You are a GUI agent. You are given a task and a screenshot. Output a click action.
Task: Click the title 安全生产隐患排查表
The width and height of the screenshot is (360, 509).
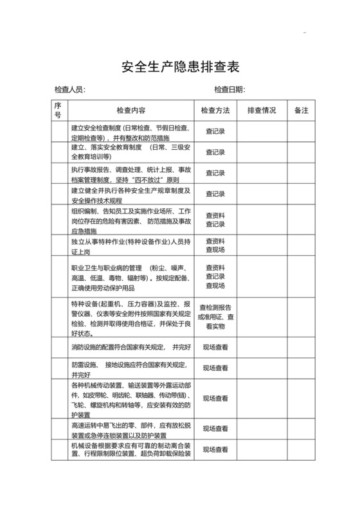(x=179, y=67)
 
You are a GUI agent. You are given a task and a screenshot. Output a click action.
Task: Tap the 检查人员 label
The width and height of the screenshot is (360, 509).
(x=70, y=89)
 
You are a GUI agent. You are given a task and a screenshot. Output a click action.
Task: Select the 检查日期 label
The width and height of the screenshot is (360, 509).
(x=230, y=89)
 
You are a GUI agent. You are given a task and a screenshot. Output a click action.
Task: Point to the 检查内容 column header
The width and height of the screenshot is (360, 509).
(x=130, y=111)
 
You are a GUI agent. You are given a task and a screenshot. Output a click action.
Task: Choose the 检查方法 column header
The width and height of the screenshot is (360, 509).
(x=215, y=111)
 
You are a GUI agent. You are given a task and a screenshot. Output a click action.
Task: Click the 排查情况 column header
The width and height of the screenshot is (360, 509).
(x=261, y=111)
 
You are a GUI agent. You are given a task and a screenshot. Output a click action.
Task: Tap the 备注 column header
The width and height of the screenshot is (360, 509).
(x=301, y=111)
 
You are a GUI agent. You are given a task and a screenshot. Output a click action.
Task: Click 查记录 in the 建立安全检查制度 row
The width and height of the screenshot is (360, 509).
(x=215, y=132)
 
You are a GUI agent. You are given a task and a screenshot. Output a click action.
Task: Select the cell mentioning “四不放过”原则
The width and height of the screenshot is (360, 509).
(x=130, y=174)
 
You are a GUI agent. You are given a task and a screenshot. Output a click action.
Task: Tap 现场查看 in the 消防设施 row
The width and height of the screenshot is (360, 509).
(x=215, y=348)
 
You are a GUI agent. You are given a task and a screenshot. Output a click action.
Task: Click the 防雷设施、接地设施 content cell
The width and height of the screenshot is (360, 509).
(x=130, y=369)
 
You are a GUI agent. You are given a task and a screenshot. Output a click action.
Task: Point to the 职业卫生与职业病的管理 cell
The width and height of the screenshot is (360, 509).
(x=130, y=277)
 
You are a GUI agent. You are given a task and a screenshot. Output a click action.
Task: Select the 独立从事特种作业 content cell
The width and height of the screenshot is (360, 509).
(x=130, y=245)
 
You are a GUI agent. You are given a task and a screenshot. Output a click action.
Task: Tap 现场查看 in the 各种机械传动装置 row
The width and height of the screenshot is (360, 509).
(x=215, y=398)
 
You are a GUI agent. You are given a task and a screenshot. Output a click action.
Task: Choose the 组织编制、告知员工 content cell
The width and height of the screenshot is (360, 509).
(x=130, y=220)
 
